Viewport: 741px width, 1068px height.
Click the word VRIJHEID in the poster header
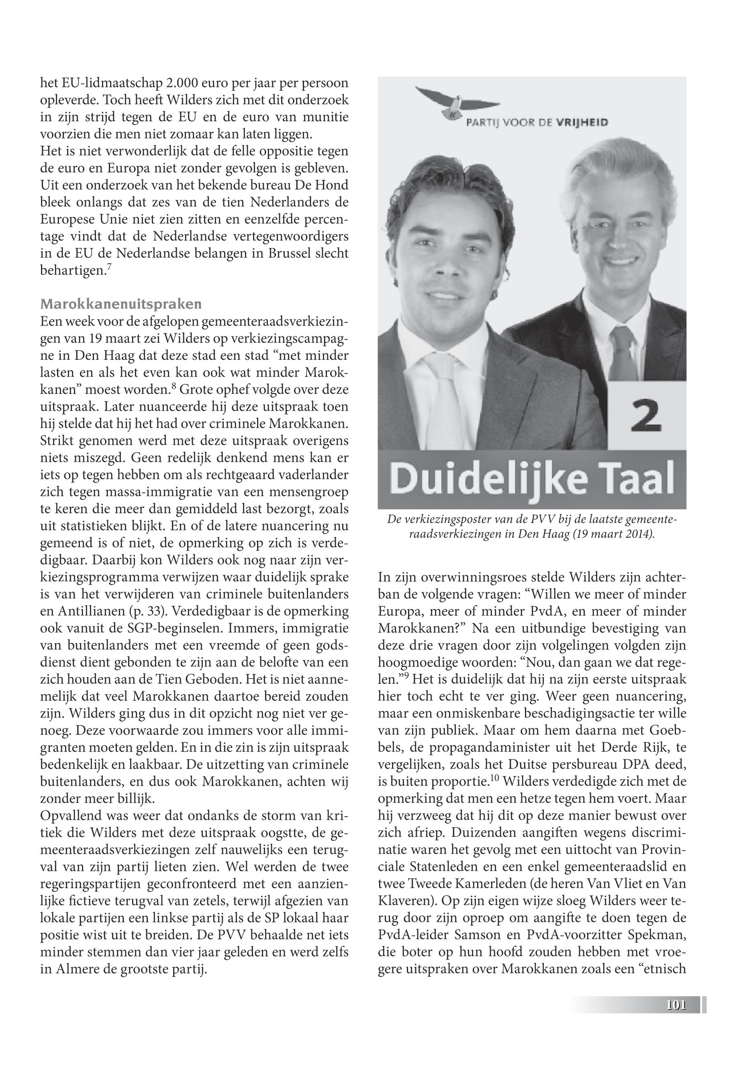(x=582, y=123)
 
